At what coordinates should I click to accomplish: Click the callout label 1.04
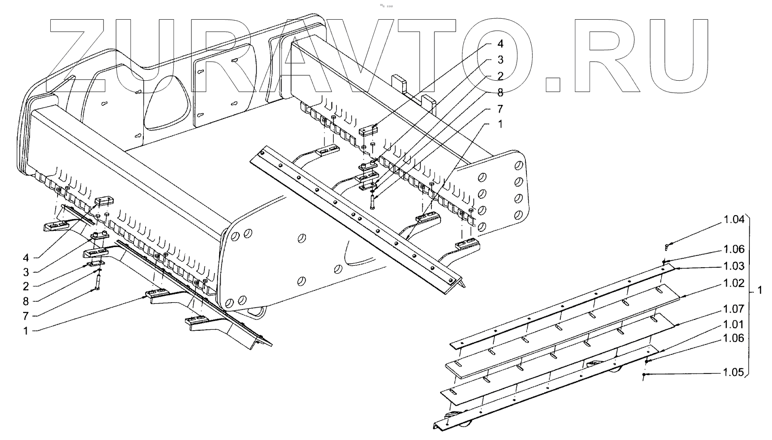pos(734,221)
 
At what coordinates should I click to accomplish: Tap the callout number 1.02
pos(734,283)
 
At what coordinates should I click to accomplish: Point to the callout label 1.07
pos(734,309)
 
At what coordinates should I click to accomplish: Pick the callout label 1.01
pos(734,325)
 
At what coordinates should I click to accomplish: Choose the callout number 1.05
pos(734,373)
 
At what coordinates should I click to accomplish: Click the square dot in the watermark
pos(553,84)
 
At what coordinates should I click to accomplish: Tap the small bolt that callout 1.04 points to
pos(667,244)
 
